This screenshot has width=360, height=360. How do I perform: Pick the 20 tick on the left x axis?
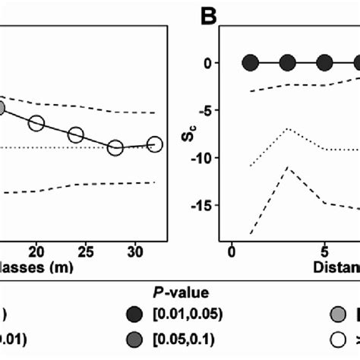[36, 251]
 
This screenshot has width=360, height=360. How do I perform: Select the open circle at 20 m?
[36, 123]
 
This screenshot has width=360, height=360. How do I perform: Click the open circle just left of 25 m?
[76, 135]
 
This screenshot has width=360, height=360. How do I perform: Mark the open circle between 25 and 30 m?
[115, 147]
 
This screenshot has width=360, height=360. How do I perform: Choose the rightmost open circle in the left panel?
[155, 144]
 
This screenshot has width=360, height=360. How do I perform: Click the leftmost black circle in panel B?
[250, 63]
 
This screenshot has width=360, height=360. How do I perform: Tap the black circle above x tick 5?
[324, 63]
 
